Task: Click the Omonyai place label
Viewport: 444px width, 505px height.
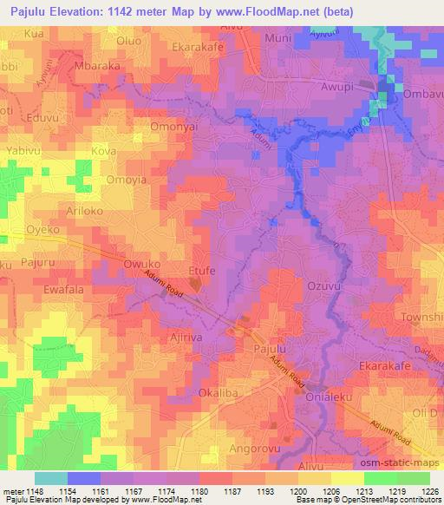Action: (153, 124)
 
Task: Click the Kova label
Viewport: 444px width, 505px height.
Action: (103, 150)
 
